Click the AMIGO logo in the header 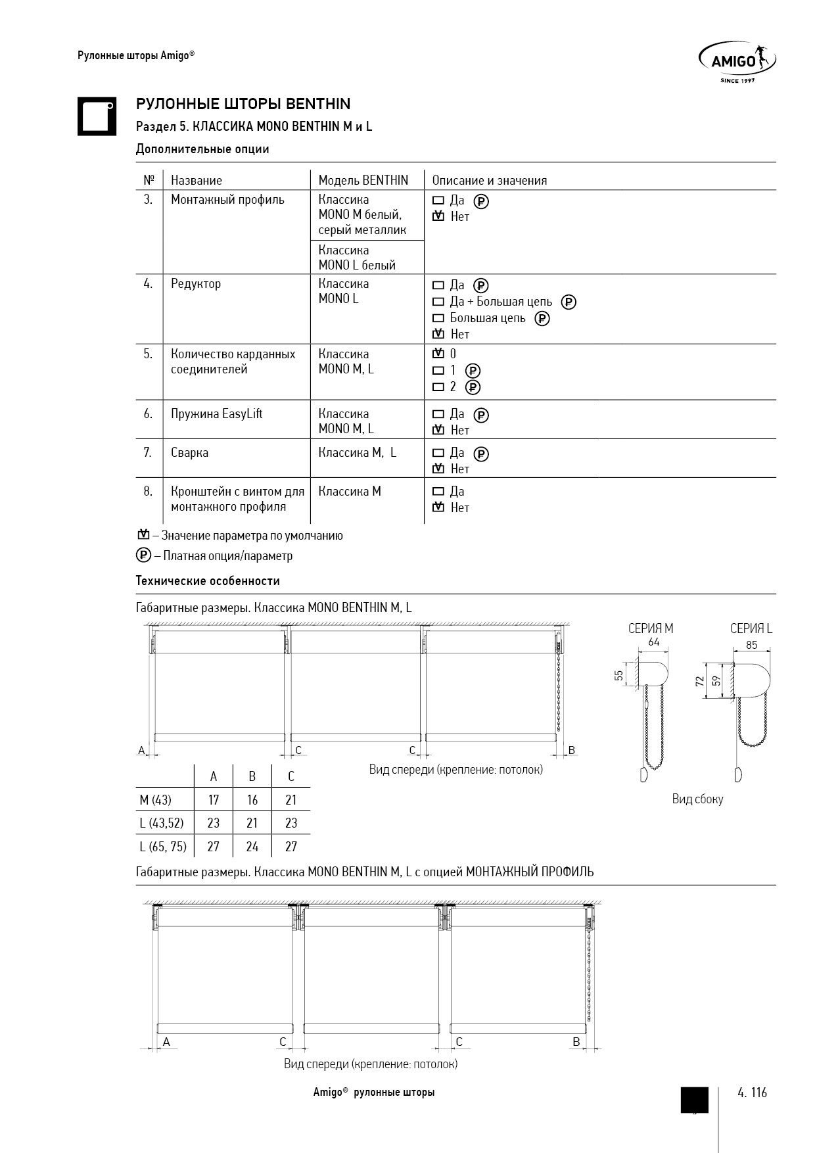(737, 62)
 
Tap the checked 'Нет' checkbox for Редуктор (438, 334)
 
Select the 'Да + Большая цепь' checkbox (438, 302)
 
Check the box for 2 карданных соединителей (438, 387)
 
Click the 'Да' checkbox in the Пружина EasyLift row (438, 415)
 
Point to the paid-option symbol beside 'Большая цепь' (542, 319)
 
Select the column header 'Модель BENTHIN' (363, 180)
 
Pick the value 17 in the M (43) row (214, 800)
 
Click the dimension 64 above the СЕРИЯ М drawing (653, 642)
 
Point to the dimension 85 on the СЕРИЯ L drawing (751, 645)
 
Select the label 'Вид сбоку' (697, 799)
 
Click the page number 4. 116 (752, 1093)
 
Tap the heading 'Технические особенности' (208, 581)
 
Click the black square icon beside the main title (97, 116)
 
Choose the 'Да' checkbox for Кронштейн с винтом (438, 492)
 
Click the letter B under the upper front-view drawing (571, 750)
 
